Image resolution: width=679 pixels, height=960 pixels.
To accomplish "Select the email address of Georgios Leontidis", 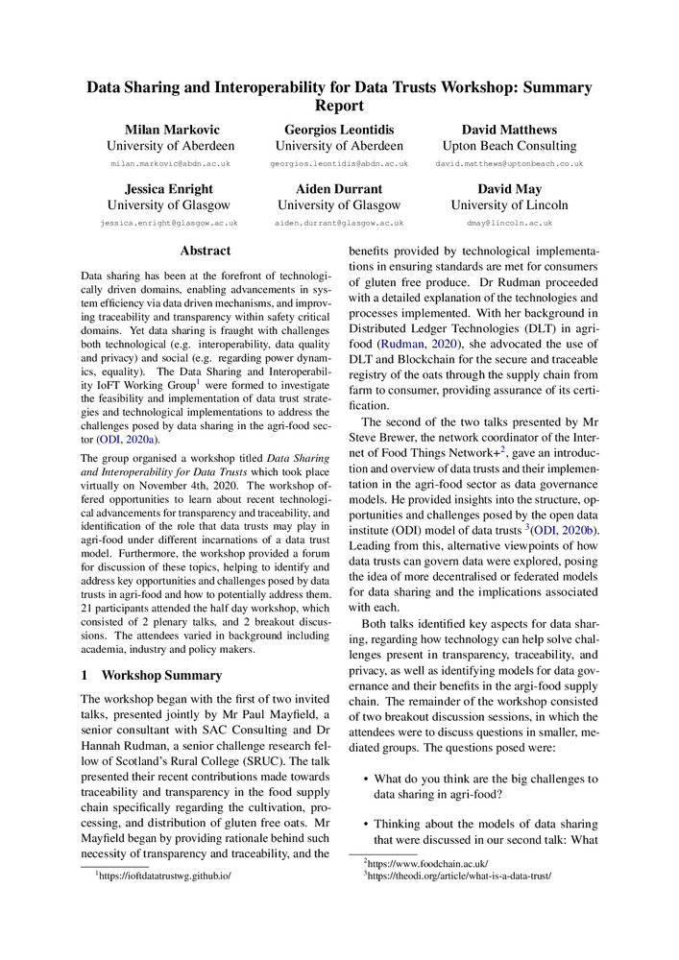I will (339, 164).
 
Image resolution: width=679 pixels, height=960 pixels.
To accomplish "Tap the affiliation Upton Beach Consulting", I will (509, 146).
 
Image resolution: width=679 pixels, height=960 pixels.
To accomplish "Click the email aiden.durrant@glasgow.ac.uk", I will (339, 223).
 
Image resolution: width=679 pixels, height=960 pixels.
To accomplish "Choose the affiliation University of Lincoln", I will (509, 204).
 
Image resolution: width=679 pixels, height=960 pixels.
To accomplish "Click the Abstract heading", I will (206, 251).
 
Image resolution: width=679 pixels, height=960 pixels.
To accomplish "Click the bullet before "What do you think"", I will (365, 779).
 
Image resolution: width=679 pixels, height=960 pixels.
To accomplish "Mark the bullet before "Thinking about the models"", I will (365, 824).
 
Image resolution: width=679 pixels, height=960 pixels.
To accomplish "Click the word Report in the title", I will (339, 105).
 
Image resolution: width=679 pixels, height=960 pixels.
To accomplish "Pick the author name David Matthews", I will (509, 129).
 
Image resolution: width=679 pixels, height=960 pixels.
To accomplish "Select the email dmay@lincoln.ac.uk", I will (509, 223).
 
